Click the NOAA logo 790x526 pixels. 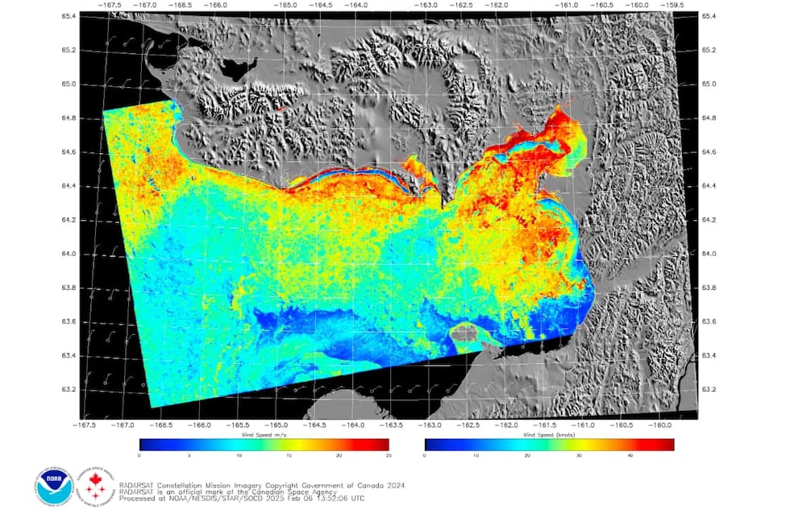54,486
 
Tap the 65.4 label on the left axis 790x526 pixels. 69,16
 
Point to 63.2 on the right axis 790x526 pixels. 709,389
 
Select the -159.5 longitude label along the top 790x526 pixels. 673,4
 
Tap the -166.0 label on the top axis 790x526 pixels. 214,4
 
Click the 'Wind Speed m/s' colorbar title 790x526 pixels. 264,434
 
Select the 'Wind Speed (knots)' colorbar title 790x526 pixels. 548,434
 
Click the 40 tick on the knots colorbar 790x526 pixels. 630,456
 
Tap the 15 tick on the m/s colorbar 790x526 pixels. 289,456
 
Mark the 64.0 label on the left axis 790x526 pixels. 69,254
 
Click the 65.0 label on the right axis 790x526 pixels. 709,84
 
